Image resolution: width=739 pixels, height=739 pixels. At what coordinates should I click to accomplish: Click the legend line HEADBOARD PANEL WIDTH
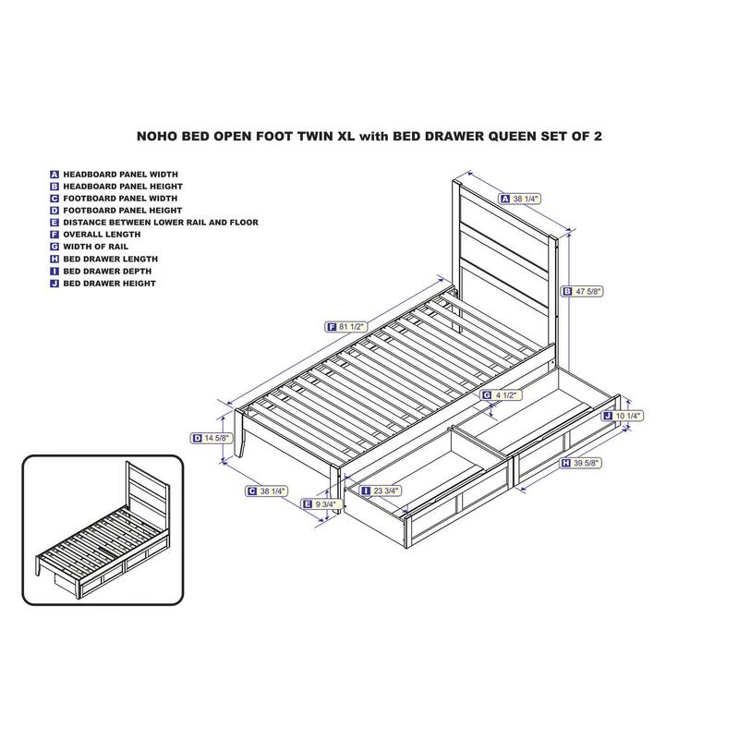pyautogui.click(x=120, y=174)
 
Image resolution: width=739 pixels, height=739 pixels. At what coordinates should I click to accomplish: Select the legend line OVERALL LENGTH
pyautogui.click(x=101, y=235)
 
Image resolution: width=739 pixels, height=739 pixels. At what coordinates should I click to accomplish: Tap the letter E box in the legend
pyautogui.click(x=55, y=223)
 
